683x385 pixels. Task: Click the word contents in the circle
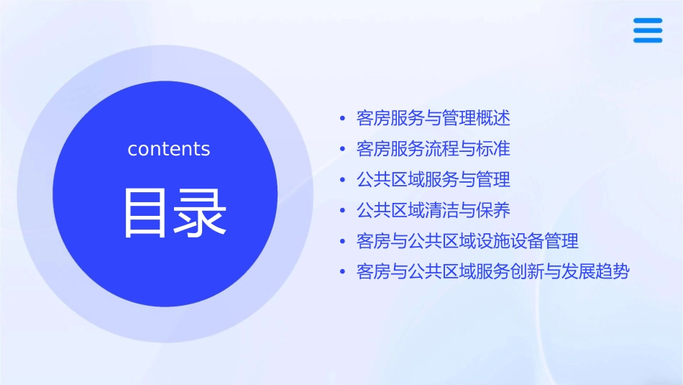169,149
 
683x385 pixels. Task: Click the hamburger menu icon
648,31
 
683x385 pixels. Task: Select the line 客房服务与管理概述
434,118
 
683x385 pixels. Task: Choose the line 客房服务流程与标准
434,149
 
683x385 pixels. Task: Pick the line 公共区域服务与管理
434,179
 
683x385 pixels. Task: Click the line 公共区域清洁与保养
434,210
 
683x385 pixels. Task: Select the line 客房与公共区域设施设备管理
467,241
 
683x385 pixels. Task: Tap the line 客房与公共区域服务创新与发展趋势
493,272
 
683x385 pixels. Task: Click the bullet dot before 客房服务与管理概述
342,118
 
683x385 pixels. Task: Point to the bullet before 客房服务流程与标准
342,149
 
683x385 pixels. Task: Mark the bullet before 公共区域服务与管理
342,179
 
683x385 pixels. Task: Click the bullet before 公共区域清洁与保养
342,210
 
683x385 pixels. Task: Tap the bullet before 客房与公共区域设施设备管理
342,241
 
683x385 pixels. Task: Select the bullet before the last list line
342,272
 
